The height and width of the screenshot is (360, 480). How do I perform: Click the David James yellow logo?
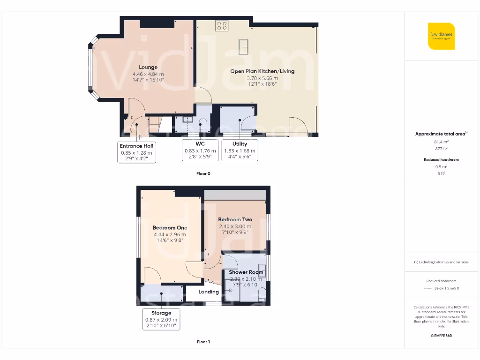[x=441, y=36]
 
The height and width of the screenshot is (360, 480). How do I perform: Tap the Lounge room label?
[x=148, y=67]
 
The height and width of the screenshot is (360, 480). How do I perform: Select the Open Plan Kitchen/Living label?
[x=262, y=71]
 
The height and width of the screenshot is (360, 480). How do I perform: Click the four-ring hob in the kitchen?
[x=222, y=26]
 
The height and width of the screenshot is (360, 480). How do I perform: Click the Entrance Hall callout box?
[x=136, y=152]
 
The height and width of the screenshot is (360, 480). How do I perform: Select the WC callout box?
[x=200, y=150]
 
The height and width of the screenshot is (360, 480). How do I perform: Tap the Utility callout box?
[x=240, y=150]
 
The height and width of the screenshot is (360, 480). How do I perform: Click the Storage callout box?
[x=161, y=319]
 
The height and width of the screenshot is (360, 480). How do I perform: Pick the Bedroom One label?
[x=170, y=228]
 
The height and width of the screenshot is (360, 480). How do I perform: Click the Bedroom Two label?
[x=235, y=219]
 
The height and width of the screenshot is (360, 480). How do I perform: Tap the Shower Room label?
[x=246, y=272]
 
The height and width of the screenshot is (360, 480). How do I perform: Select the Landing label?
[x=209, y=292]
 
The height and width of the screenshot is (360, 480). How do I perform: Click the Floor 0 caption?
[x=203, y=173]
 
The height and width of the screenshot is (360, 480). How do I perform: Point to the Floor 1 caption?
[x=203, y=342]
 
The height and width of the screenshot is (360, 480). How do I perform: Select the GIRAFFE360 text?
[x=441, y=336]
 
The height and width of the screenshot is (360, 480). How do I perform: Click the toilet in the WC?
[x=203, y=125]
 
